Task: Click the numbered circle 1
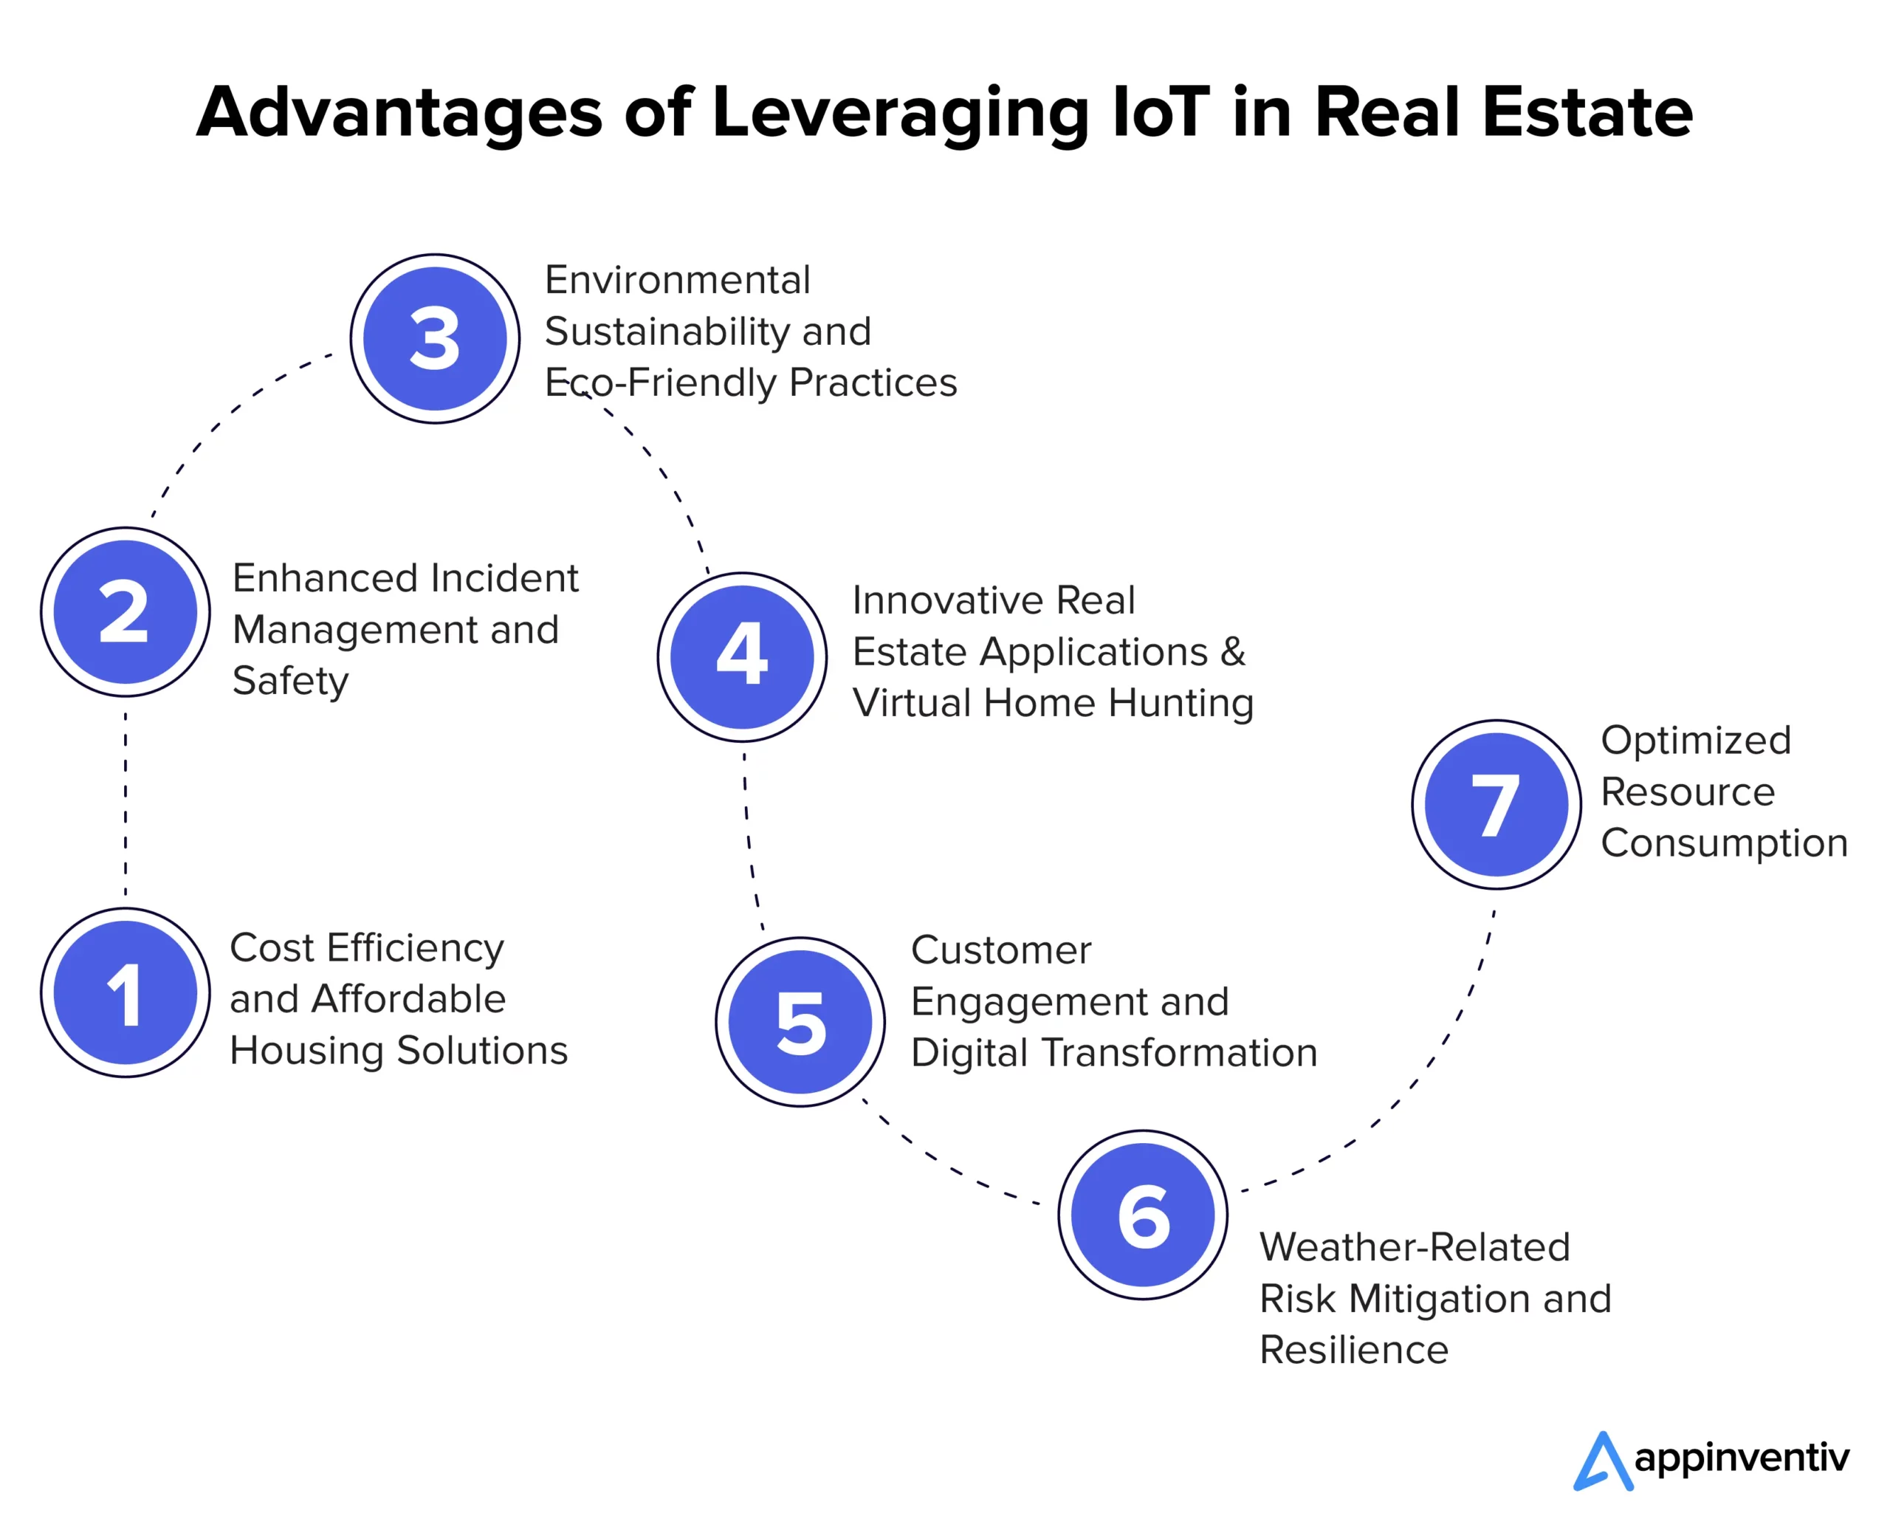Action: [x=126, y=992]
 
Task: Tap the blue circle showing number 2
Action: [x=126, y=612]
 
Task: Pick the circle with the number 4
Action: [x=741, y=656]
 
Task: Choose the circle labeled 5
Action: [x=800, y=1021]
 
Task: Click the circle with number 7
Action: [x=1496, y=804]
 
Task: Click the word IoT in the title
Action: [x=1160, y=112]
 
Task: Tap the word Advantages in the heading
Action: [x=399, y=112]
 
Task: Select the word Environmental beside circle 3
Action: [x=677, y=281]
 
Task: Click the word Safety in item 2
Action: [x=290, y=681]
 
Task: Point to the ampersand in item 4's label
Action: [x=1233, y=652]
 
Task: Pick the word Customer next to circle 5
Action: [x=1001, y=950]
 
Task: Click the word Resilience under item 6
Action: [x=1353, y=1349]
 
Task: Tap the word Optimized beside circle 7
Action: [x=1696, y=741]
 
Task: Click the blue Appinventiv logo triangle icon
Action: [x=1602, y=1463]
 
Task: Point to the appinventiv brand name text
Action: [x=1742, y=1459]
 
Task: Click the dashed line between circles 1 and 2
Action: [x=126, y=802]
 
